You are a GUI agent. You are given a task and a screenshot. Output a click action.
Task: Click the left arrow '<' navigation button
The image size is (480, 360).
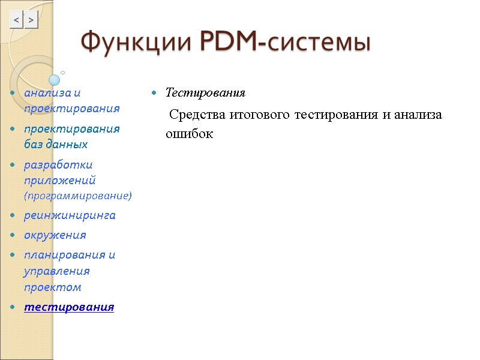[x=17, y=21]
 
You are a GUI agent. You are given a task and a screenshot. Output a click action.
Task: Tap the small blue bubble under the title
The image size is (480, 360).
[x=55, y=80]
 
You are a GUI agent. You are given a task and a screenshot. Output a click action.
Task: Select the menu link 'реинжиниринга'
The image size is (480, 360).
[x=70, y=215]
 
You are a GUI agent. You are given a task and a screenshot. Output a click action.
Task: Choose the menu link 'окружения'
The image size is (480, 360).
[x=55, y=235]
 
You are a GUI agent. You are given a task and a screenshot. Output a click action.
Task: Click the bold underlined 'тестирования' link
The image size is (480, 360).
[x=68, y=307]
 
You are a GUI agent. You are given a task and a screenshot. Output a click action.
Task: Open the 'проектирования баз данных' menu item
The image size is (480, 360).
[x=71, y=136]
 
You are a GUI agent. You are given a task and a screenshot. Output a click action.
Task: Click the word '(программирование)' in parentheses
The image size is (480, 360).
[x=77, y=196]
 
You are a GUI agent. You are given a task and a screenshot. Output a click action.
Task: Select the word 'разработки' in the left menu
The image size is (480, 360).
[x=58, y=164]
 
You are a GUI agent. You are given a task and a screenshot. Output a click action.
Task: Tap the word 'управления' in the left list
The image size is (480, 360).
[x=56, y=271]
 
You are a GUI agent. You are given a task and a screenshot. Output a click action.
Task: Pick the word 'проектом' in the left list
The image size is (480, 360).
[x=52, y=287]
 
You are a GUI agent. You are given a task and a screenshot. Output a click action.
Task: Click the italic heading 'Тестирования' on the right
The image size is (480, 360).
[x=205, y=93]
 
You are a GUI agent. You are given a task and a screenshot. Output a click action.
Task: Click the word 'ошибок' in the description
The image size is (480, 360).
[x=189, y=134]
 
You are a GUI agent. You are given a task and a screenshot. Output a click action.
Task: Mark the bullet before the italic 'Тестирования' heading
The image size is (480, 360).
[x=154, y=94]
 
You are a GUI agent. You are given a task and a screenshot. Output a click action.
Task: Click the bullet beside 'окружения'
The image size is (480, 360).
[x=13, y=235]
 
